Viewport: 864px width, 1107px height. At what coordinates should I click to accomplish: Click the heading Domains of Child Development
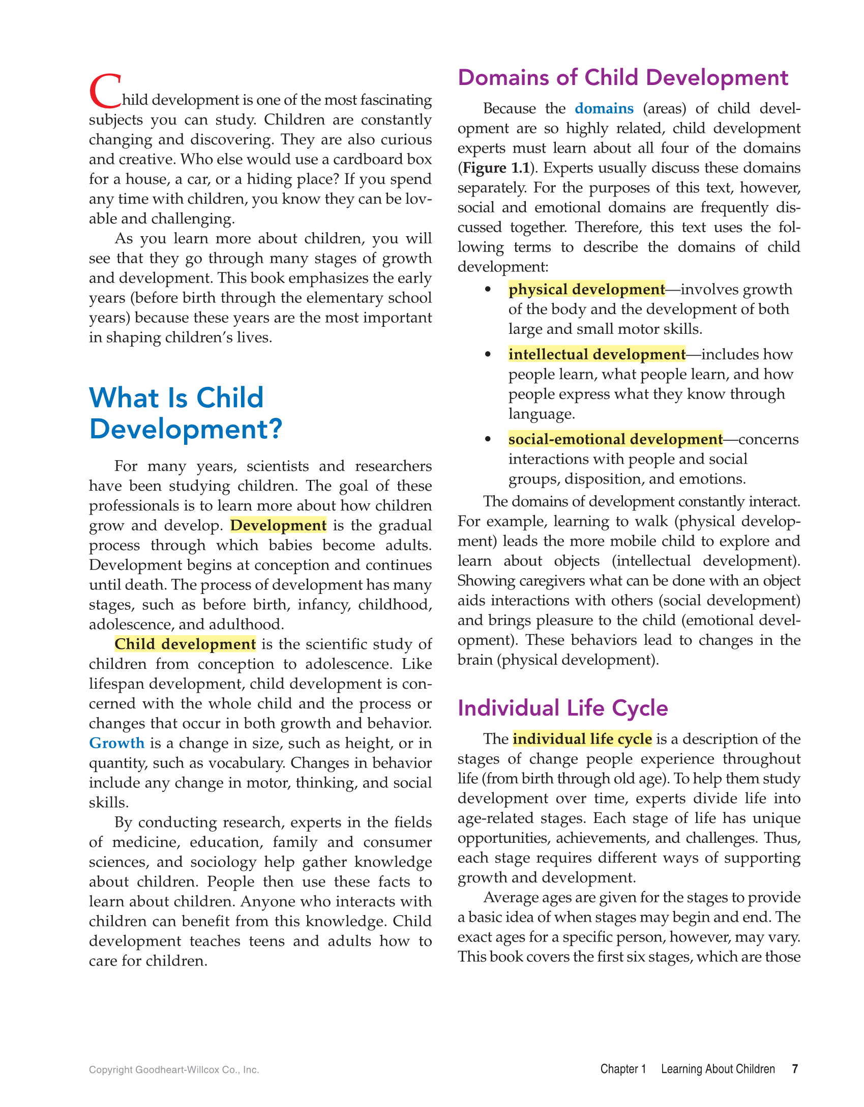coord(622,78)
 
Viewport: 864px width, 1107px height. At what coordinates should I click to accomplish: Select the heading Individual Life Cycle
coord(562,708)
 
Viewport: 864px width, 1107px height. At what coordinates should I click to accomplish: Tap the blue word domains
coord(604,108)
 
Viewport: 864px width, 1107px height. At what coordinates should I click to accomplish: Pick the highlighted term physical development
coord(586,289)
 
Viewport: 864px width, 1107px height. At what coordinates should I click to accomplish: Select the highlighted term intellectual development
coord(597,354)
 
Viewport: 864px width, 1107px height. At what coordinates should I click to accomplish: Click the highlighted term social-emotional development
coord(615,439)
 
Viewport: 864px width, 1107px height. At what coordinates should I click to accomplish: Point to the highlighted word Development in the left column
coord(278,525)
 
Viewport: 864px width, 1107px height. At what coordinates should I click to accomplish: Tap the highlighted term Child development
coord(185,644)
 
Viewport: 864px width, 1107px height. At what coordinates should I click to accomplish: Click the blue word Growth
coord(117,743)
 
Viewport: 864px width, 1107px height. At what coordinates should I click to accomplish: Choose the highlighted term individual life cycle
coord(582,739)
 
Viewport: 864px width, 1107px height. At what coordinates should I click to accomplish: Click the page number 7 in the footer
coord(795,1069)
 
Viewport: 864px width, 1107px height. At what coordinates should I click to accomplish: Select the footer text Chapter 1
coord(623,1069)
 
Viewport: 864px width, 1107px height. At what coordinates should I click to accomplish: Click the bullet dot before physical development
coord(488,289)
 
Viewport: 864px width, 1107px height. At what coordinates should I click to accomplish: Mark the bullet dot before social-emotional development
coord(488,439)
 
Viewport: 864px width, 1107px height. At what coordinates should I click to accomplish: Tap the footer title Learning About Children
coord(718,1069)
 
